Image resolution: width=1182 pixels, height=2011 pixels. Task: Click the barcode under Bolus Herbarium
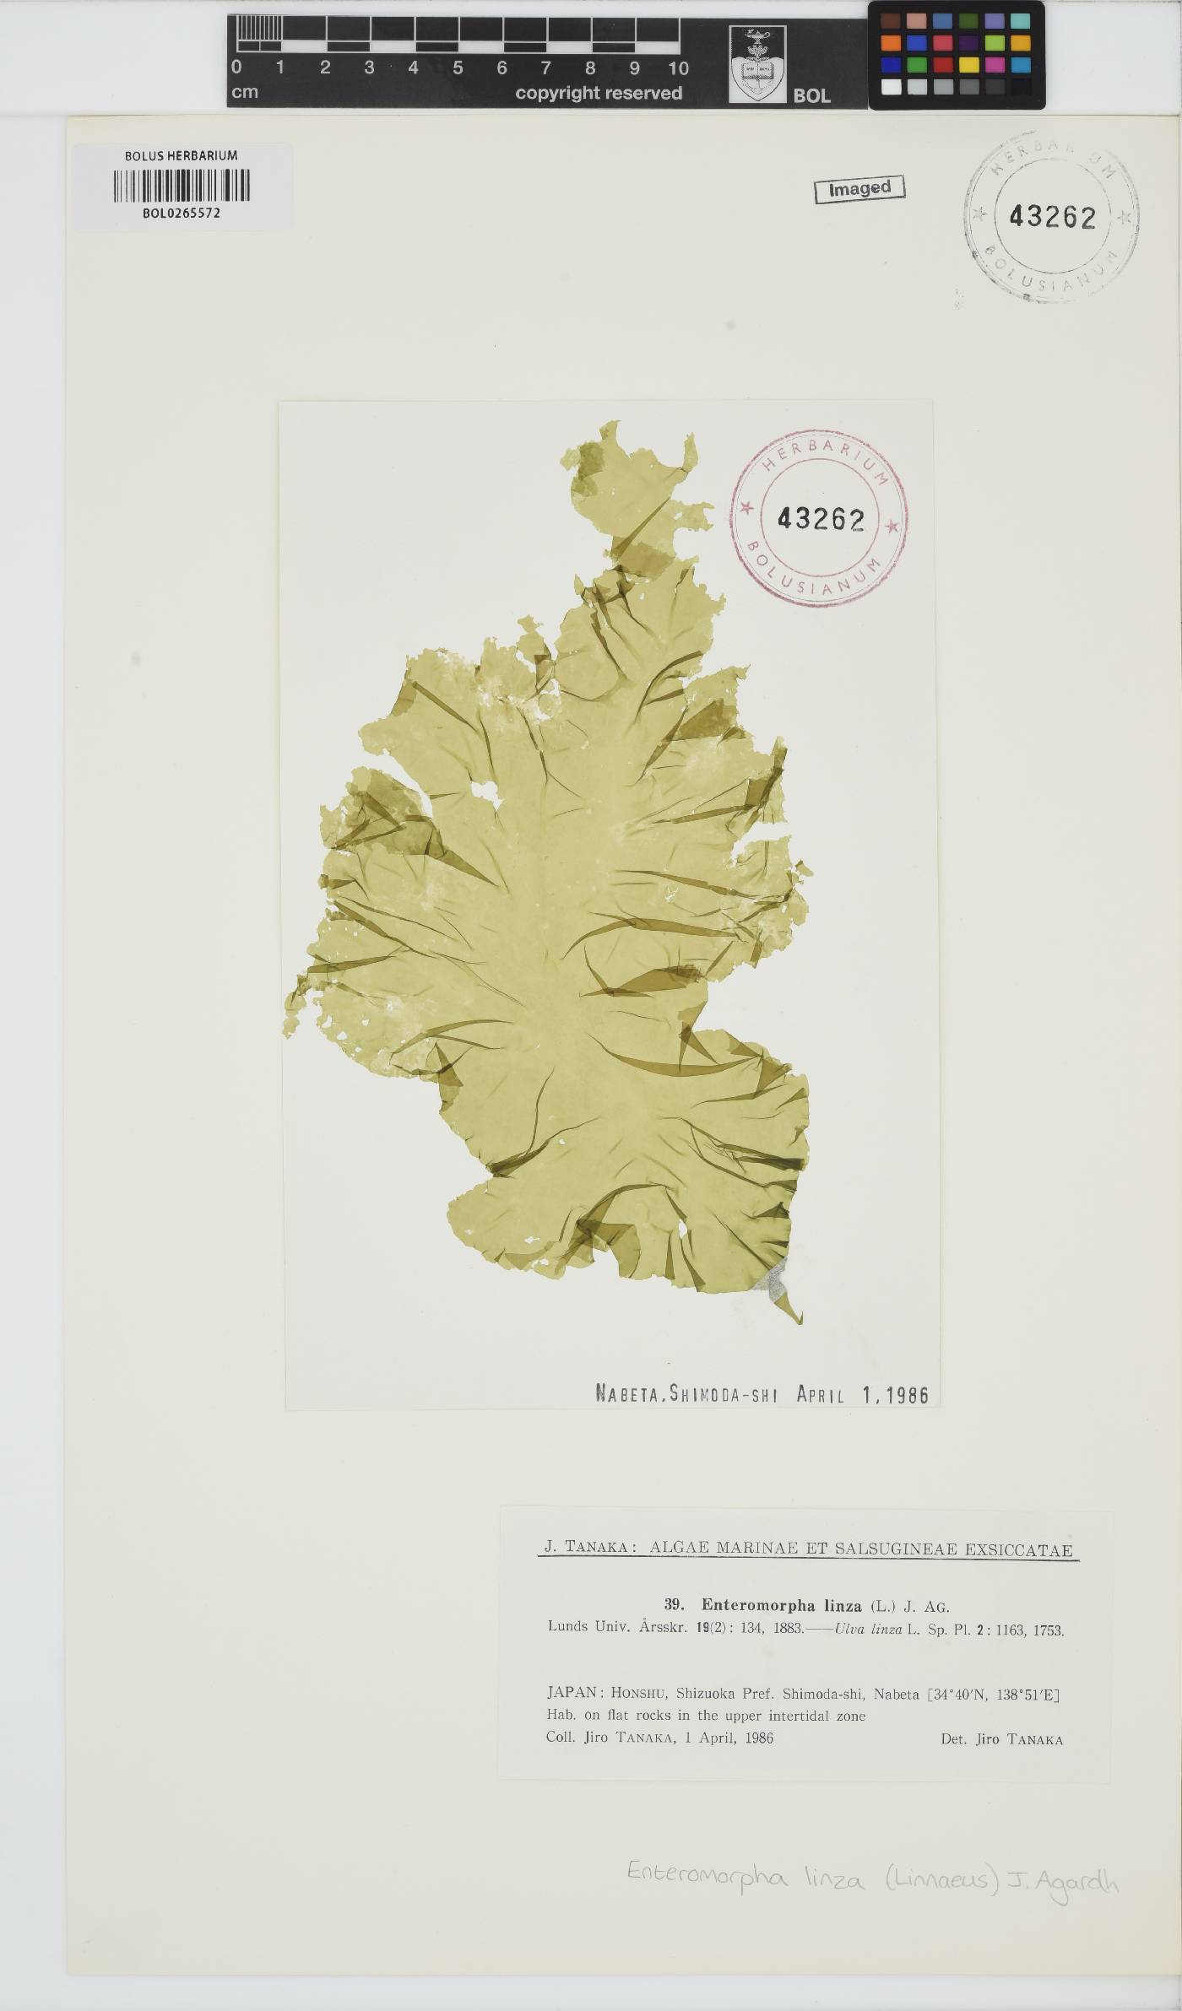point(182,186)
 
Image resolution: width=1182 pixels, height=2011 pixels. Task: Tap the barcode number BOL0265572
point(182,214)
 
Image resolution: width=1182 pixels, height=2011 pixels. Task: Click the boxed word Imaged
point(859,188)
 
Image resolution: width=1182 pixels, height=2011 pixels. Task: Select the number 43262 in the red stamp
point(821,518)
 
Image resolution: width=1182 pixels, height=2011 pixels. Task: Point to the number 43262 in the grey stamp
point(1052,217)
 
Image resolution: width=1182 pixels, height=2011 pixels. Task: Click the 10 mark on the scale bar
point(678,68)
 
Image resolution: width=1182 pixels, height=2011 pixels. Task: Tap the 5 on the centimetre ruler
point(458,68)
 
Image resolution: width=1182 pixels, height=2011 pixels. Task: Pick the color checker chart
point(956,54)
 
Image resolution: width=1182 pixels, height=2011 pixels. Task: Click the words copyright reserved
point(599,93)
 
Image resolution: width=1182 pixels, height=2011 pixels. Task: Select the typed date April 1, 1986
point(862,1395)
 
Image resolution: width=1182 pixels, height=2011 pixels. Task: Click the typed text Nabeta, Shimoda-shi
point(686,1395)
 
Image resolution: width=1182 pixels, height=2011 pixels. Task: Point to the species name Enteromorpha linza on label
point(781,1607)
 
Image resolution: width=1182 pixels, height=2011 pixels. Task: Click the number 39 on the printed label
point(673,1607)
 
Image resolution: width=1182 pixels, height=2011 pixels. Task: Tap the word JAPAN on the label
point(573,1694)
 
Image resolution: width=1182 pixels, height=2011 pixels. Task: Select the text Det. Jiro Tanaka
point(1001,1739)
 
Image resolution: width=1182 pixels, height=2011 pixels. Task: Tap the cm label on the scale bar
point(245,92)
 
